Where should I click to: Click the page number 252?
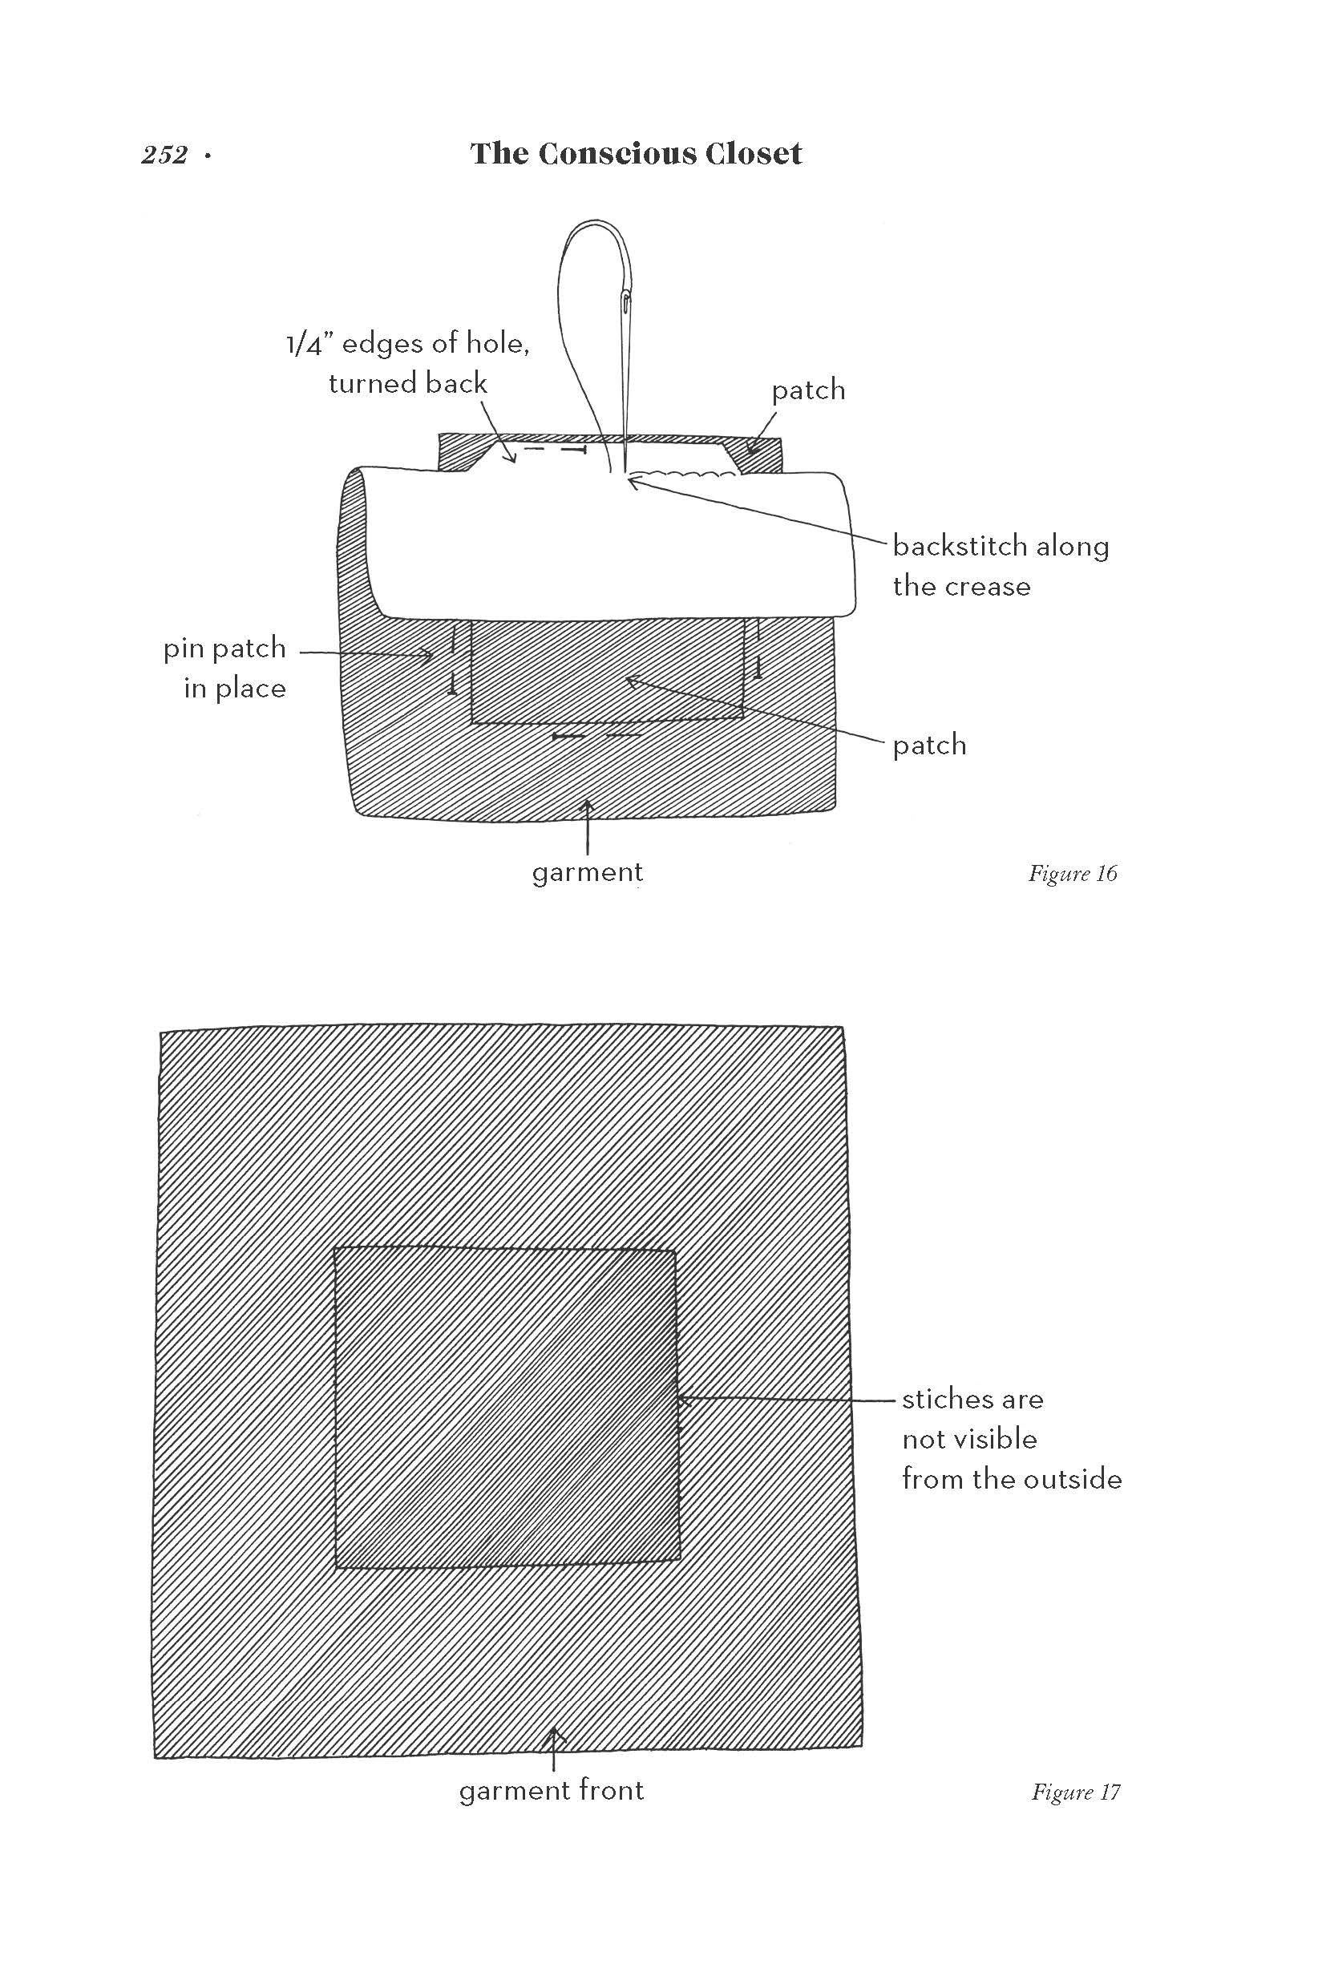pos(165,156)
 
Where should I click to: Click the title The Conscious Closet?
pos(636,154)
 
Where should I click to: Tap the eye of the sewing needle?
pos(627,300)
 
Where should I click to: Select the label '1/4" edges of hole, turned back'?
pos(409,363)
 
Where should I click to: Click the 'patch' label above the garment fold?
pos(808,390)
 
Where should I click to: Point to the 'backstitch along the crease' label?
pos(1001,566)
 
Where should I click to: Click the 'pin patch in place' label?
pos(225,668)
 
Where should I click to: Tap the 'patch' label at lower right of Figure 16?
pos(929,746)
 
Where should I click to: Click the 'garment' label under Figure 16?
pos(588,872)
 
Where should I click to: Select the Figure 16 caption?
pos(1073,874)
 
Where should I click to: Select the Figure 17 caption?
pos(1075,1792)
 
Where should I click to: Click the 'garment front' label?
pos(552,1790)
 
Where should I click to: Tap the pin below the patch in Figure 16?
pos(596,736)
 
